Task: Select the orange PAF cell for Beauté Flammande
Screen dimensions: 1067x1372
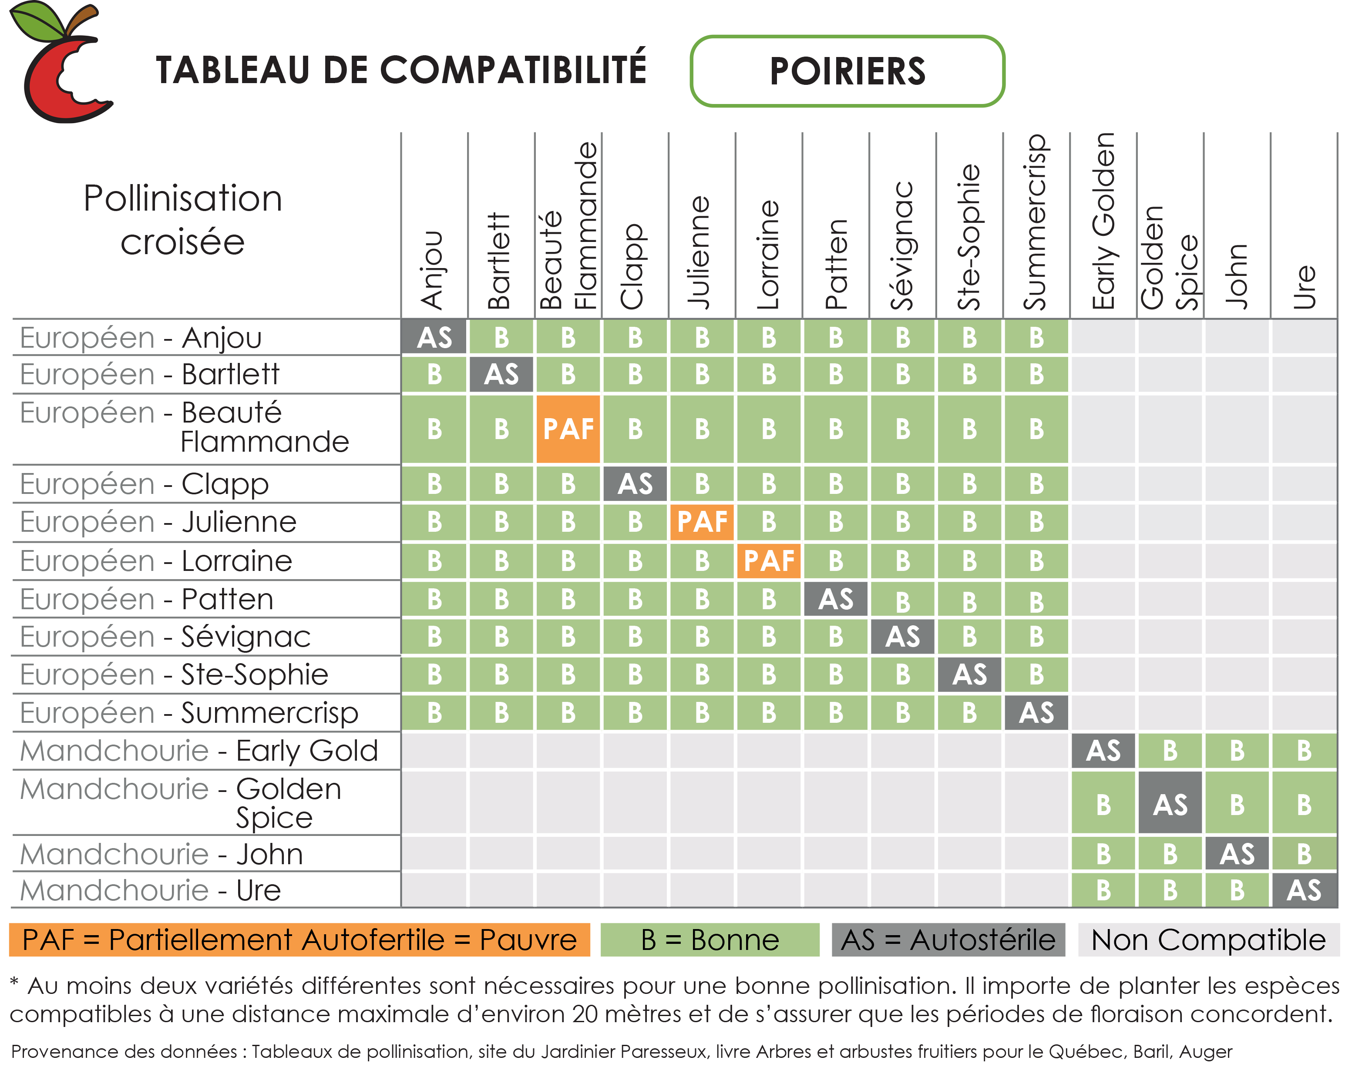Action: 568,429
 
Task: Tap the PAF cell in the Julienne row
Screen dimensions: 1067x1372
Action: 702,521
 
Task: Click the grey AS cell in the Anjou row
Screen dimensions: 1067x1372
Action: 434,337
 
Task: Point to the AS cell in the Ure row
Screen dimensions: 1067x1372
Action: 1304,890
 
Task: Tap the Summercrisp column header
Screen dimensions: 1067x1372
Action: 1036,223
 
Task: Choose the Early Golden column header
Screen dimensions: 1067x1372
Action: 1103,223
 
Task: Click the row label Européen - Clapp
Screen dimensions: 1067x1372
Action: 145,483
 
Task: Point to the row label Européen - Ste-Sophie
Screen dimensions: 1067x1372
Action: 174,674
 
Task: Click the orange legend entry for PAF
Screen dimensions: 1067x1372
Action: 299,940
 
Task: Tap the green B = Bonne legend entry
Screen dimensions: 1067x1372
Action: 710,940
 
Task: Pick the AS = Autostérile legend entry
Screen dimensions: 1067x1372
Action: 948,940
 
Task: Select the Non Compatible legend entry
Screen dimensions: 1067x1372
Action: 1208,940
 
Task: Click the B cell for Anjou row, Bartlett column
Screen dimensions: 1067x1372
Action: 501,337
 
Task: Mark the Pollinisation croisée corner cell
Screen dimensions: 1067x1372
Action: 182,220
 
